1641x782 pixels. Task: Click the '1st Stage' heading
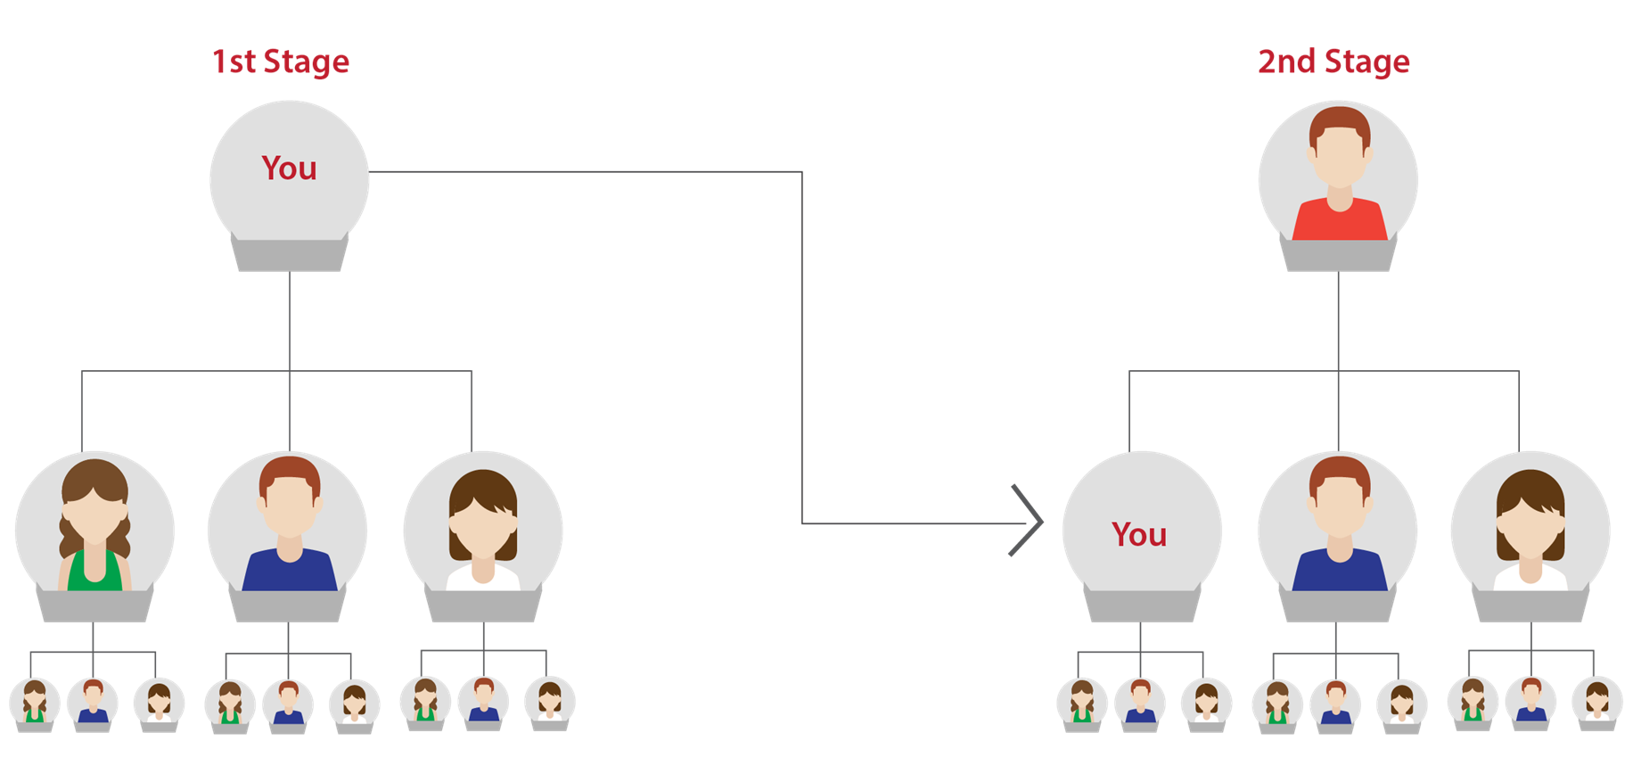(281, 62)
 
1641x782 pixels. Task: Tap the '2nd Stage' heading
(1333, 62)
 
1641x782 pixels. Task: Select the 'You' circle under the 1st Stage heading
(289, 169)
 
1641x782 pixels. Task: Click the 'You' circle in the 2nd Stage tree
(1140, 533)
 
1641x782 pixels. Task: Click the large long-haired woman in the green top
(94, 527)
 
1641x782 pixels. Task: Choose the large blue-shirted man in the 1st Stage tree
(289, 527)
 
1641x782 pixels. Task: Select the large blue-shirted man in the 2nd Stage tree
(1338, 527)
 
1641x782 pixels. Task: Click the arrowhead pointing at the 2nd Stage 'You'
(1030, 522)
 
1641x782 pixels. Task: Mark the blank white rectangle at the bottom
(819, 684)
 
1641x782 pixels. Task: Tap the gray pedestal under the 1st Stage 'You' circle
(290, 254)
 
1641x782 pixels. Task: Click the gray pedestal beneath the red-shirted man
(1338, 255)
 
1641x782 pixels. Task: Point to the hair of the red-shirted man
(1339, 124)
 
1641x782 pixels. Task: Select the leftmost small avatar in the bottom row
(35, 702)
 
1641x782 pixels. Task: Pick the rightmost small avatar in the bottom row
(1596, 702)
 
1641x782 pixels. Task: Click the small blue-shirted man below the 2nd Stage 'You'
(1140, 702)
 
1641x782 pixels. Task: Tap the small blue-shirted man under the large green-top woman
(93, 702)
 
